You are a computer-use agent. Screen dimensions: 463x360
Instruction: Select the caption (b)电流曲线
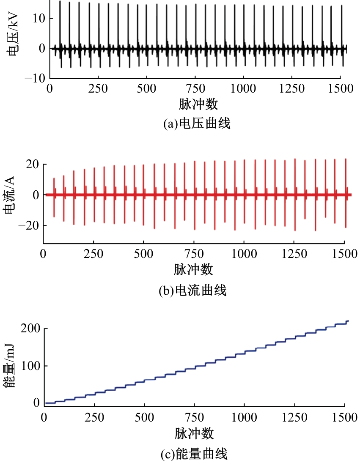pyautogui.click(x=192, y=290)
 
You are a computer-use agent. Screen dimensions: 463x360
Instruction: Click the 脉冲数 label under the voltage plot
pyautogui.click(x=195, y=104)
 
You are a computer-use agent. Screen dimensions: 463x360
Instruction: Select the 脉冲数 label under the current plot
pyautogui.click(x=193, y=269)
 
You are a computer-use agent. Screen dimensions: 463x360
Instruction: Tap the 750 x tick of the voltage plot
pyautogui.click(x=195, y=89)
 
